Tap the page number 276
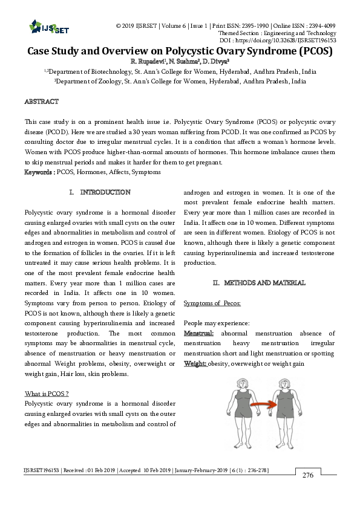point(308,475)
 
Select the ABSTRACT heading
point(41,102)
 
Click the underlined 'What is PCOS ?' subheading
point(46,394)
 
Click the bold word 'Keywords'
point(38,172)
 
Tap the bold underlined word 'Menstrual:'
point(198,333)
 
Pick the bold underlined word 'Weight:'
point(195,363)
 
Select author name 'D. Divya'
point(216,61)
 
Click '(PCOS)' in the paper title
point(307,51)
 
